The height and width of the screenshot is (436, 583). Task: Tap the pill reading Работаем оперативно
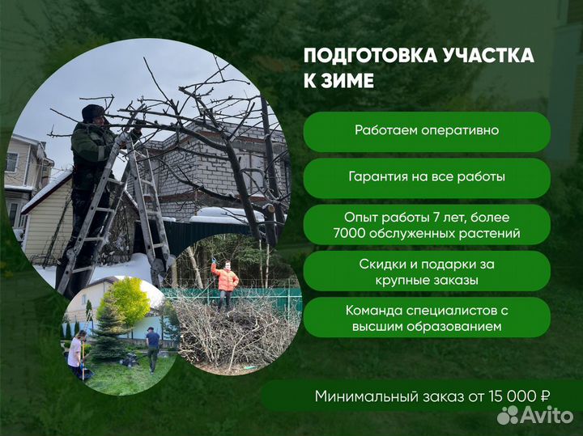(x=427, y=130)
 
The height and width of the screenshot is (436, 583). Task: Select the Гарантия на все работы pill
(x=427, y=176)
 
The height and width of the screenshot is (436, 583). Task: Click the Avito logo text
(x=547, y=415)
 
